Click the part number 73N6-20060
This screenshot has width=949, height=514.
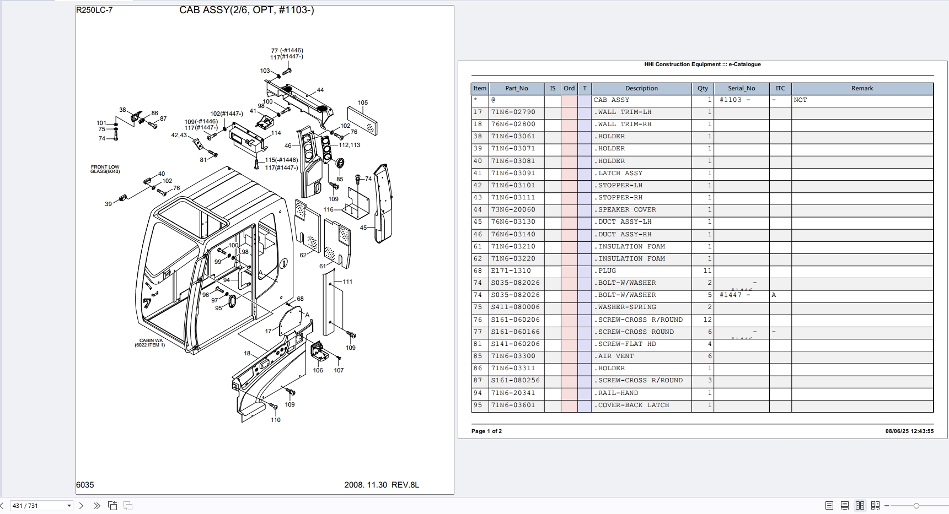click(x=513, y=210)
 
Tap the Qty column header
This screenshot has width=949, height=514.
click(x=702, y=88)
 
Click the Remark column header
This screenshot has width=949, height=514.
click(x=862, y=88)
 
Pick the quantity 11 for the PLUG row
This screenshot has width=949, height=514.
click(x=707, y=271)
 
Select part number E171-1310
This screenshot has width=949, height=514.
click(x=511, y=271)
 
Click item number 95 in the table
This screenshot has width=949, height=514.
click(x=478, y=405)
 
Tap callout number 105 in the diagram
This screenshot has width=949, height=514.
click(x=363, y=102)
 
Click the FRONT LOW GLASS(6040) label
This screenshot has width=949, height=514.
click(x=105, y=169)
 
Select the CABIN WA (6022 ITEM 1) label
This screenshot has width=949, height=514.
click(x=150, y=343)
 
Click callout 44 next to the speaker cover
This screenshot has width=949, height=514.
click(x=320, y=90)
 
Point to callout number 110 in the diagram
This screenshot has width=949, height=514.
click(x=276, y=420)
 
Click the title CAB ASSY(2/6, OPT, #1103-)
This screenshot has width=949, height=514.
click(x=246, y=10)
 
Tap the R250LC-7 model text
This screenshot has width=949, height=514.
click(x=94, y=10)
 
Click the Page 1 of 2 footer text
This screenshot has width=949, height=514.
click(x=486, y=431)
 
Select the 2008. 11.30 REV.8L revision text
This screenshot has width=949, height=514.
click(x=382, y=485)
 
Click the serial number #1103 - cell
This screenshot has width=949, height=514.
click(x=734, y=100)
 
